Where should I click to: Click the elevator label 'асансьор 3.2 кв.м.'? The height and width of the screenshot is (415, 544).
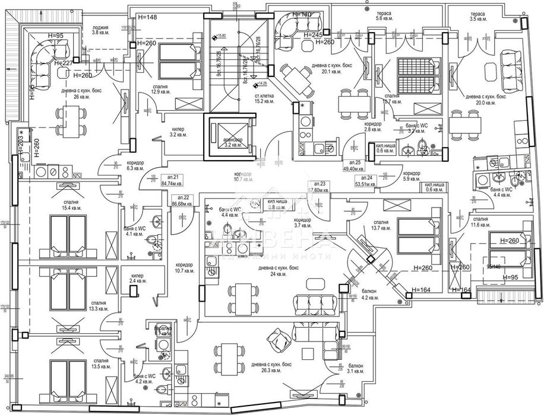(x=229, y=141)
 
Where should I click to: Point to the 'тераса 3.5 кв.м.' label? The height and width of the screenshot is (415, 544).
(x=477, y=16)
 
